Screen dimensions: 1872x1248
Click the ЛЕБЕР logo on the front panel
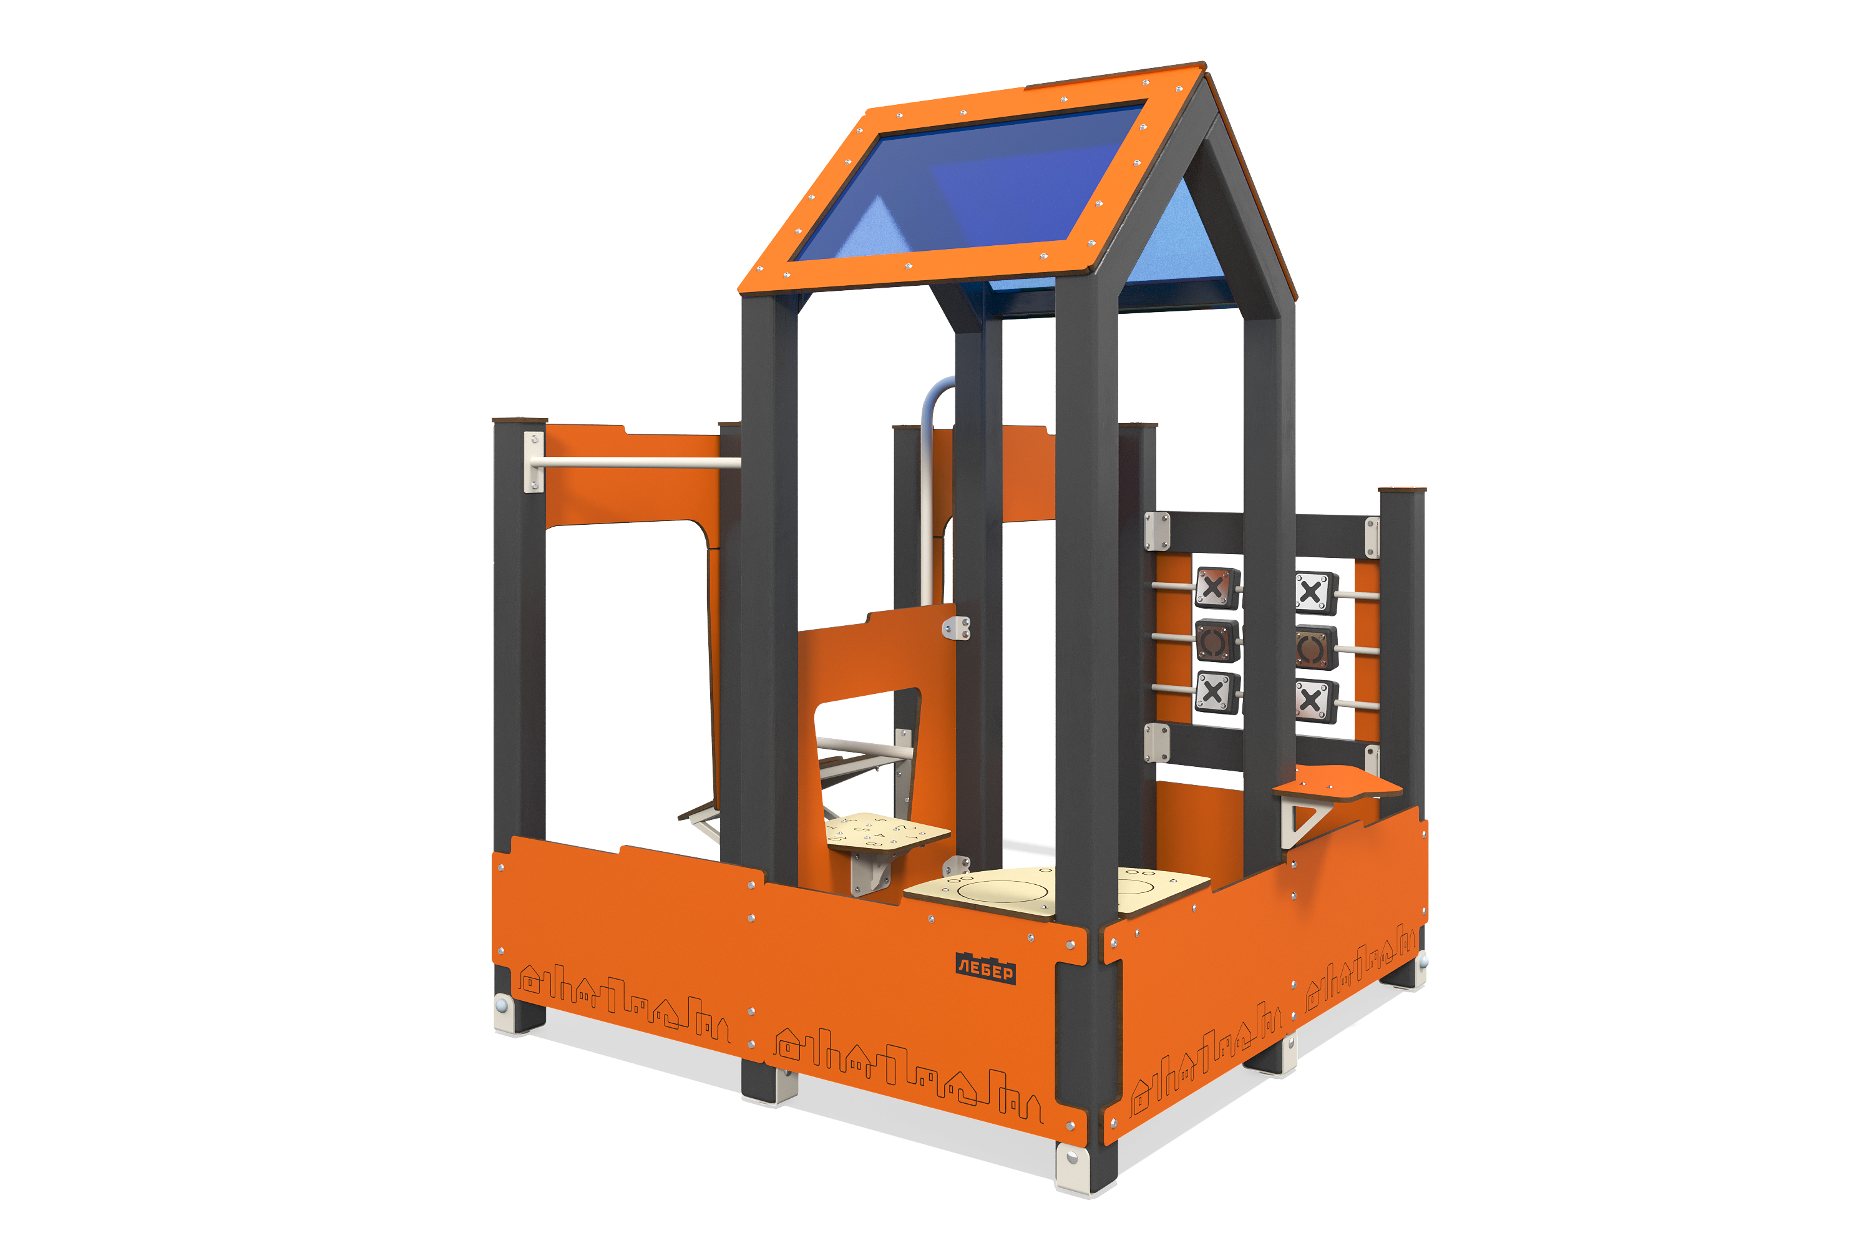985,968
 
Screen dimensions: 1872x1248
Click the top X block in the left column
1216,588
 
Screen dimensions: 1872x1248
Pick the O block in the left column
1217,641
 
